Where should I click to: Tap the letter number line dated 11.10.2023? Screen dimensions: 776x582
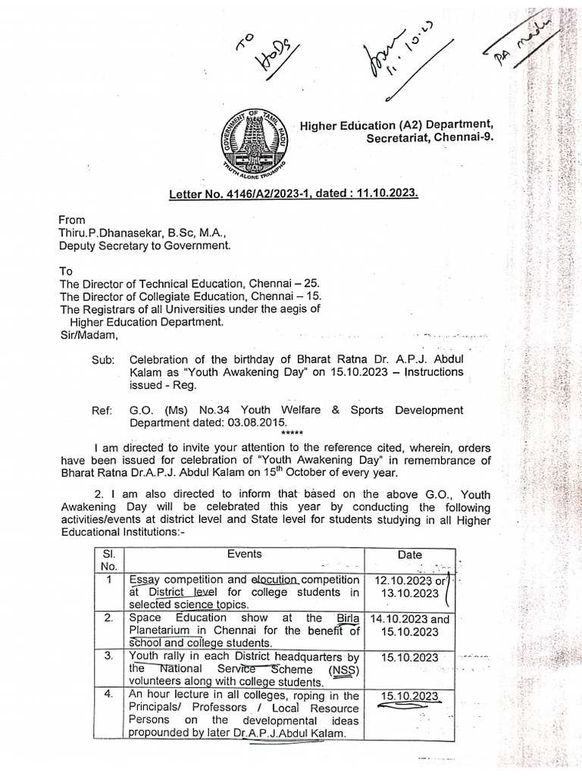coord(293,193)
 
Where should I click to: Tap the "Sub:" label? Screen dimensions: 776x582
coord(103,359)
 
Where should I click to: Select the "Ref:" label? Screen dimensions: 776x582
coord(102,410)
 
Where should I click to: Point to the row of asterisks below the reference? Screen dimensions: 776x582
coord(291,433)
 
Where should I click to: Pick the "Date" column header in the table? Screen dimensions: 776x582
coord(409,555)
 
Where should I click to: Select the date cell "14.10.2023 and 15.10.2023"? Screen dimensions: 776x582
coord(410,624)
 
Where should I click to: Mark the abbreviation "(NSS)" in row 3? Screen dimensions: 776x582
coord(345,669)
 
